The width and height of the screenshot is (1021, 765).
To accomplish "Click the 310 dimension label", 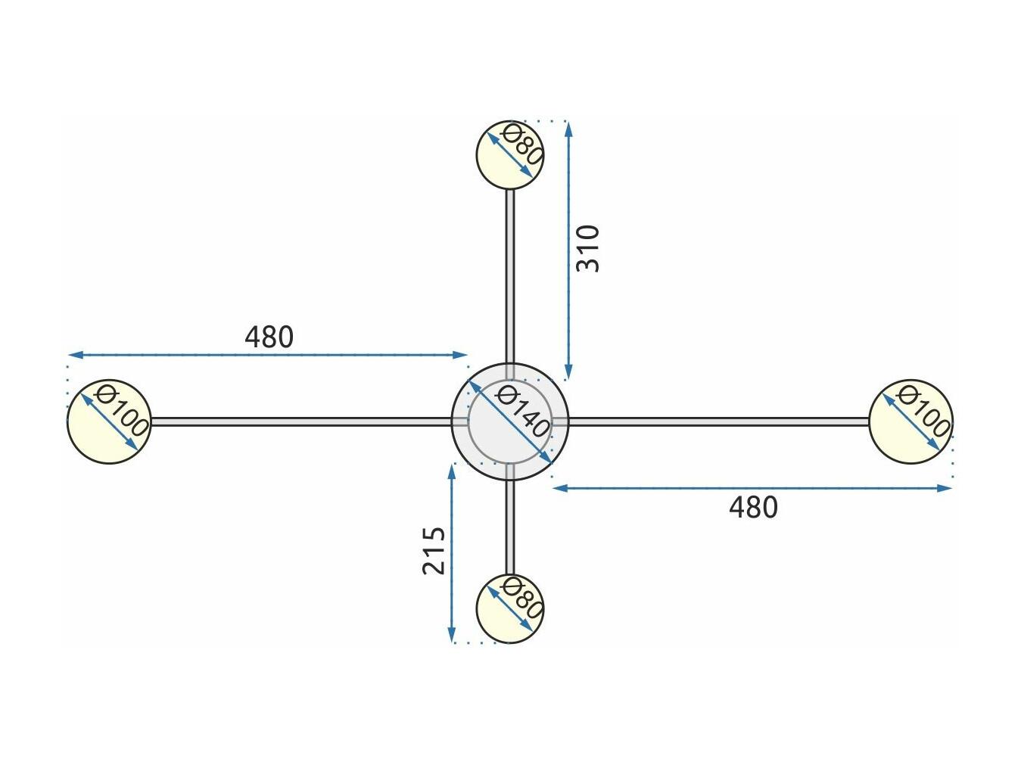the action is pyautogui.click(x=587, y=248).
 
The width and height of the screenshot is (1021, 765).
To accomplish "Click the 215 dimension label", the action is pyautogui.click(x=434, y=551).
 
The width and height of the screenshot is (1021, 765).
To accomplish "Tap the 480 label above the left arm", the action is pyautogui.click(x=269, y=337).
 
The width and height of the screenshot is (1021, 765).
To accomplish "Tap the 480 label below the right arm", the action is pyautogui.click(x=753, y=508).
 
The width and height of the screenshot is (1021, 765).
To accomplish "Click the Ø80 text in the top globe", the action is pyautogui.click(x=522, y=145).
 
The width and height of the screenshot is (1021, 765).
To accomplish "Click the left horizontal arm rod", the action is pyautogui.click(x=301, y=421).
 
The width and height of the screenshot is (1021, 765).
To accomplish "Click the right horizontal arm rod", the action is pyautogui.click(x=719, y=421).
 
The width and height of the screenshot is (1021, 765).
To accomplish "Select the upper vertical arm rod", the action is pyautogui.click(x=510, y=276).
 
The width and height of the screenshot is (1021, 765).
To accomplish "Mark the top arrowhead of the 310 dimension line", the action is pyautogui.click(x=568, y=129).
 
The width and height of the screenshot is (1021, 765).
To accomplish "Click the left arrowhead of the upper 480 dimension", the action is pyautogui.click(x=76, y=355).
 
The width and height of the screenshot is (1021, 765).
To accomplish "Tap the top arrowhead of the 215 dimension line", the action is pyautogui.click(x=451, y=472).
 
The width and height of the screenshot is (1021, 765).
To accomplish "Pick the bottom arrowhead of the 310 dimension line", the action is pyautogui.click(x=568, y=372).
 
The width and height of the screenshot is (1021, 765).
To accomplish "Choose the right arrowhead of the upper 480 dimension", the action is pyautogui.click(x=459, y=355).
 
